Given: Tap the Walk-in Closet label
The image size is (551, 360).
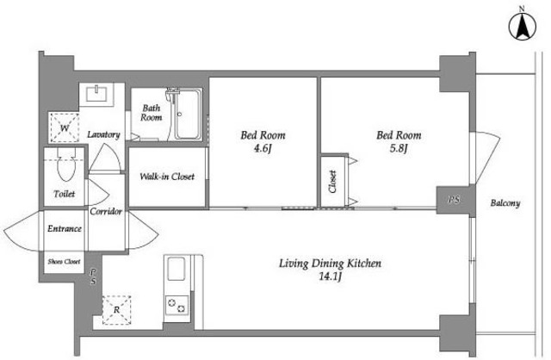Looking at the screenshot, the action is (167, 177).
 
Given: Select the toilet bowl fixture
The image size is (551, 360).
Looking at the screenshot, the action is (66, 164).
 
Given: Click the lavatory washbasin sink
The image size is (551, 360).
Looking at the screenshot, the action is (96, 94).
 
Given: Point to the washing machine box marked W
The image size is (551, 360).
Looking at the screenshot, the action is (65, 127).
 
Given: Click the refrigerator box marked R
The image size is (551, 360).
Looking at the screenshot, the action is (116, 310).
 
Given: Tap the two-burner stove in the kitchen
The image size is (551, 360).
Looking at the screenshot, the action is (176, 306).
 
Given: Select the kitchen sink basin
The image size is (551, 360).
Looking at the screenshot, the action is (176, 269).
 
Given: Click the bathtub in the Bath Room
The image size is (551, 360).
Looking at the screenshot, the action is (188, 115).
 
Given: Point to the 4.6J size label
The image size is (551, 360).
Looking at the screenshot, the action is (263, 149).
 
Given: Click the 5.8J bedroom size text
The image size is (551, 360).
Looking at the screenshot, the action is (399, 149).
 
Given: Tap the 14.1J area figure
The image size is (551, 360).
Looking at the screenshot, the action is (331, 276).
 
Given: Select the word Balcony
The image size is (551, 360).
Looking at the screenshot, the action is (505, 203).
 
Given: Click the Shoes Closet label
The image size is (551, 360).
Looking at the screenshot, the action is (64, 262).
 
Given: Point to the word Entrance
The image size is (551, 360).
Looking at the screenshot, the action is (65, 228).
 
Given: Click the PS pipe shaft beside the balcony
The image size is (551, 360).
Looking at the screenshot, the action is (454, 199).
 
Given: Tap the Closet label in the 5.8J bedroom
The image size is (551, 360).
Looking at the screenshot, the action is (332, 182).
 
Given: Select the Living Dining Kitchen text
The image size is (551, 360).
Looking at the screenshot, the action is (330, 264).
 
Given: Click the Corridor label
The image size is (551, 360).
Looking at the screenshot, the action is (106, 211).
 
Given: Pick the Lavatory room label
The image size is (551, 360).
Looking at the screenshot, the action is (103, 134).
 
